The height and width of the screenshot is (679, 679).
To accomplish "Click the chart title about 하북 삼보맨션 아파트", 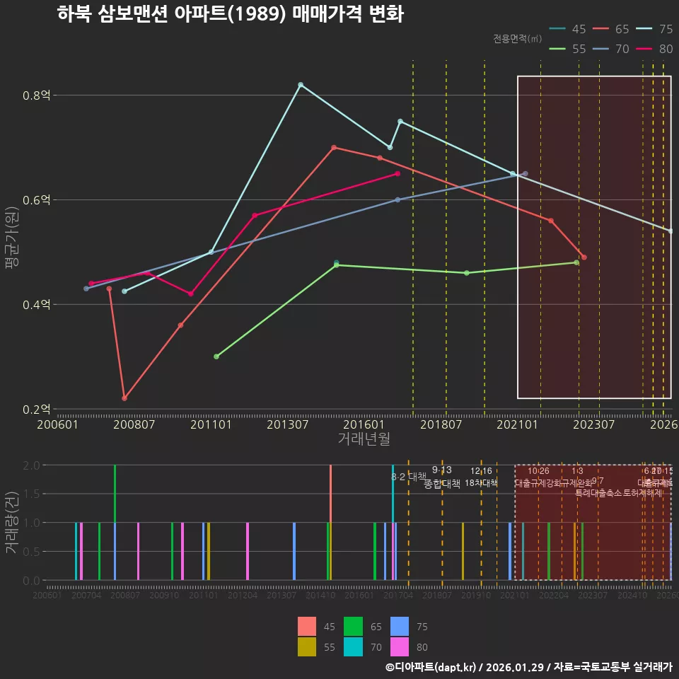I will [230, 14].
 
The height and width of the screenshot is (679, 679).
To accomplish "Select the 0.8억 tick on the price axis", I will [36, 95].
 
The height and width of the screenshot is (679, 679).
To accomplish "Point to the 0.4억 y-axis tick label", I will [36, 305].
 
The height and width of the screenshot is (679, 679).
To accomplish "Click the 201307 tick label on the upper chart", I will [288, 424].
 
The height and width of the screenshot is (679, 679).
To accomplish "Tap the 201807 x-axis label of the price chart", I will [441, 424].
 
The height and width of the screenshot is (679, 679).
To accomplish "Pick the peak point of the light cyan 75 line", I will [301, 85].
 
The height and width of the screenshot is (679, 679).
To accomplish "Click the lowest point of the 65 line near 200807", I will [124, 398].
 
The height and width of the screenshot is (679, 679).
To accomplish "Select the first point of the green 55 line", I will [216, 356].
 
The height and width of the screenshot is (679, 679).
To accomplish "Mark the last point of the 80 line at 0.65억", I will [397, 173].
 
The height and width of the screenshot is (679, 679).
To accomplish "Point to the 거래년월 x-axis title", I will [364, 439].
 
